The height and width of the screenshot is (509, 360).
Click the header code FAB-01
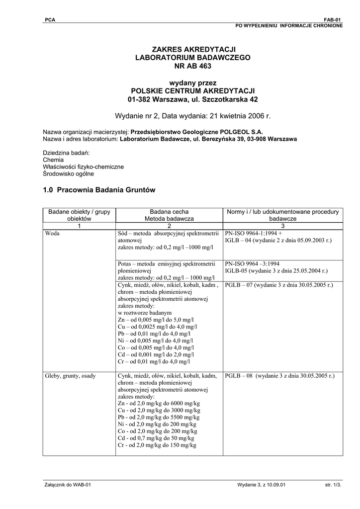tap(333, 19)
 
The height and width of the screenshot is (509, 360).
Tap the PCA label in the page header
tap(50, 19)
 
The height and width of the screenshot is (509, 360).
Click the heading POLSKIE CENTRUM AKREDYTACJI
tap(192, 91)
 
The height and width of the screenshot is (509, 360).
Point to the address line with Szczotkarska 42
tap(192, 99)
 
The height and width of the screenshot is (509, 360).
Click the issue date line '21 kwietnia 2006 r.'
tap(192, 116)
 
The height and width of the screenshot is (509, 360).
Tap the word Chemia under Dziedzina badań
tap(53, 160)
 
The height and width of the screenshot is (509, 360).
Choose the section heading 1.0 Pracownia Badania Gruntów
tap(99, 190)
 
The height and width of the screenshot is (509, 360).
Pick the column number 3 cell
tap(282, 226)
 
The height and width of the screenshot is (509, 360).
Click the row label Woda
tap(52, 233)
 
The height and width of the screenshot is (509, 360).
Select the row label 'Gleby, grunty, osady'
tap(70, 376)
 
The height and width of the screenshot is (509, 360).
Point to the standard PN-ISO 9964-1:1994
tap(253, 233)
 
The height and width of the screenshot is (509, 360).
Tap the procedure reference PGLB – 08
tap(241, 376)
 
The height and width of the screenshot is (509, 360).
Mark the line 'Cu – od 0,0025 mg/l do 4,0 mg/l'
tap(158, 327)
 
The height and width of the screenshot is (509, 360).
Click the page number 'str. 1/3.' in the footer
tap(334, 485)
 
